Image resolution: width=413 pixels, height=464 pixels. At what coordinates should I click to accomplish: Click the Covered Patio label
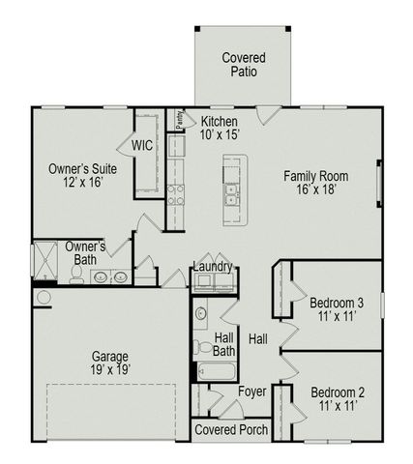(243, 65)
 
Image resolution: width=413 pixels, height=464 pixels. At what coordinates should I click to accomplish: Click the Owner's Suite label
(75, 175)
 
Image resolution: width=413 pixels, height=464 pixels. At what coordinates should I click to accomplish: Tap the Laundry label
(212, 266)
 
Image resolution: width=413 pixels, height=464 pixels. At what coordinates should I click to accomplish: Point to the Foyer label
(252, 391)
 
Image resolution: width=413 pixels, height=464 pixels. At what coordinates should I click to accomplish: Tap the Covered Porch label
(232, 428)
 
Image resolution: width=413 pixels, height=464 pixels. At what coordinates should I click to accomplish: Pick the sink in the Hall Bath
(198, 313)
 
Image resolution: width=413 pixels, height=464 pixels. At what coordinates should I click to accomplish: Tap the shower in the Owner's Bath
(46, 260)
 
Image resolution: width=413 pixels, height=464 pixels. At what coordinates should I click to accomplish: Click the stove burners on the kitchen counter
(176, 194)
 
